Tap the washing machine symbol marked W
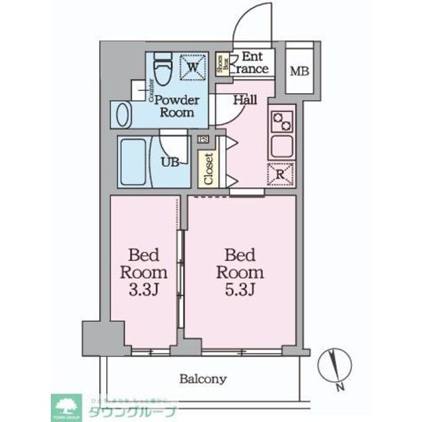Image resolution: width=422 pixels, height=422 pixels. click(192, 67)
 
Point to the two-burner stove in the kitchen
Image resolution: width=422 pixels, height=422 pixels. click(282, 121)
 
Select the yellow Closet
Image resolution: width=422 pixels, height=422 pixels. click(208, 169)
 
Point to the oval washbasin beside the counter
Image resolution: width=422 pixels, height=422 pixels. click(123, 114)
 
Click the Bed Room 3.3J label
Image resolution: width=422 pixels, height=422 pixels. click(143, 272)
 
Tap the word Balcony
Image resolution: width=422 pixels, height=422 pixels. click(203, 379)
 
